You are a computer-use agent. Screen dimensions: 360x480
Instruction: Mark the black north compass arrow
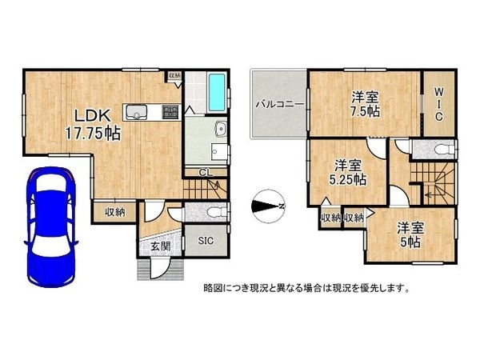pos(266,206)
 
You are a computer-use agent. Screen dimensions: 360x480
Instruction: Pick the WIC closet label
pos(439,104)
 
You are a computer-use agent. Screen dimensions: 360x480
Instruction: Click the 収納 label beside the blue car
pos(114,212)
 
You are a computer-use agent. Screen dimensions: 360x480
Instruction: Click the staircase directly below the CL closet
pos(202,190)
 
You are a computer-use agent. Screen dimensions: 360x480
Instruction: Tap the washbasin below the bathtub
pos(220,130)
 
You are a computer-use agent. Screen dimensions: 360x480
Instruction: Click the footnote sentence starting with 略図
pos(306,287)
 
